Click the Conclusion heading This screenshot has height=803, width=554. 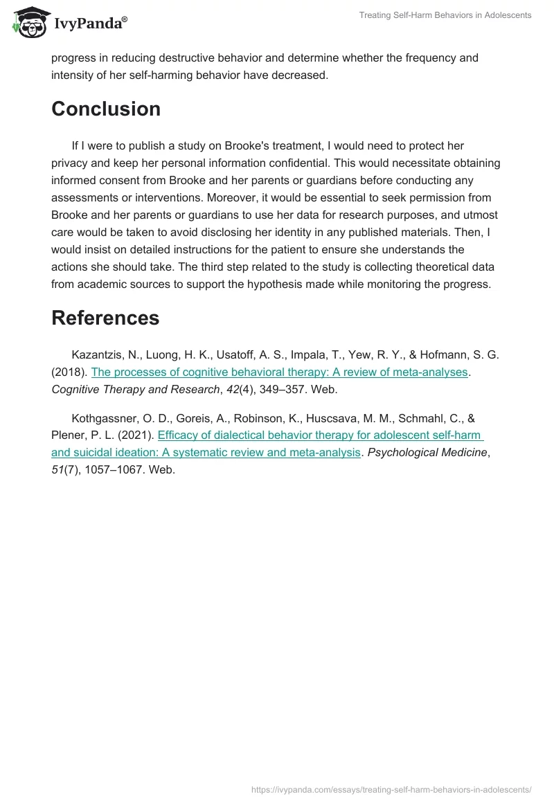tap(106, 109)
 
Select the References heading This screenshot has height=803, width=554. tap(105, 318)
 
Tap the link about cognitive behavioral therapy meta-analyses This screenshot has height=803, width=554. tap(280, 372)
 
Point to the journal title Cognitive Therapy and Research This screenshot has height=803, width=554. tap(136, 389)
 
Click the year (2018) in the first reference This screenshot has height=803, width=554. tap(69, 372)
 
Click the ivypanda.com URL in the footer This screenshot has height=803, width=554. tap(392, 788)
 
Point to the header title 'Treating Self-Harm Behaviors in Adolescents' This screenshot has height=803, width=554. tap(445, 15)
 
